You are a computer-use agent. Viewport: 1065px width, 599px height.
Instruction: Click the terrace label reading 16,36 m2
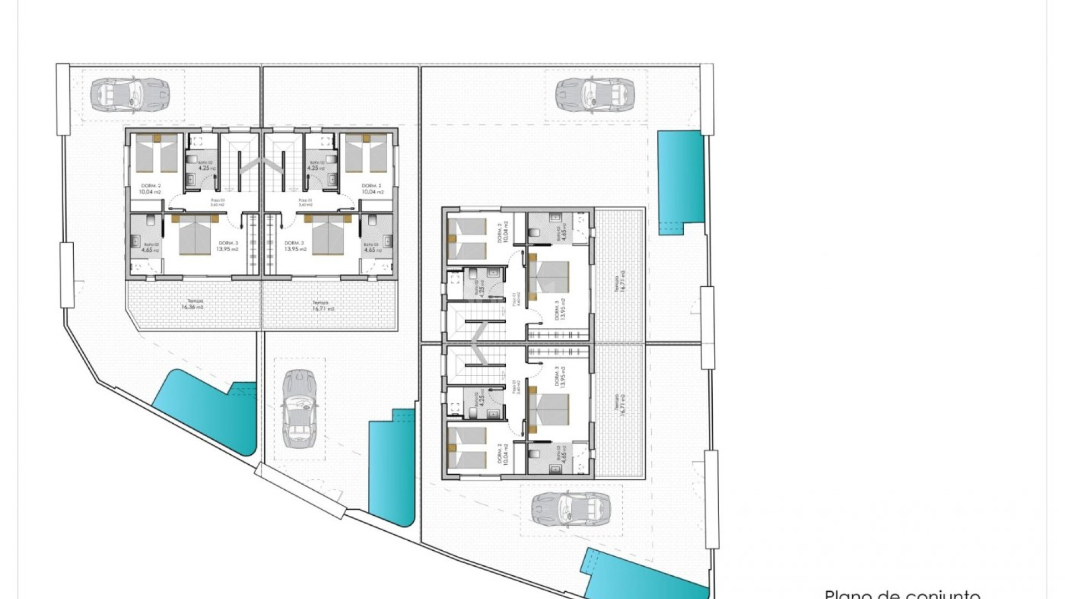point(192,306)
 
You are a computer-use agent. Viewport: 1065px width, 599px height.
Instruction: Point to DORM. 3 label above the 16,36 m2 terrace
point(228,246)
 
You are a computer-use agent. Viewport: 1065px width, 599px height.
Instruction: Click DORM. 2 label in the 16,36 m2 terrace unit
point(150,189)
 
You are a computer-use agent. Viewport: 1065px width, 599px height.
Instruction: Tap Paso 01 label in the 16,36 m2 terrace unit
point(216,202)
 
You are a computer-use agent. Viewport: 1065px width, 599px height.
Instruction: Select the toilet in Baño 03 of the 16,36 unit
point(150,221)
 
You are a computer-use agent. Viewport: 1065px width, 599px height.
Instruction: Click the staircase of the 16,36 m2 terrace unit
point(240,161)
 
